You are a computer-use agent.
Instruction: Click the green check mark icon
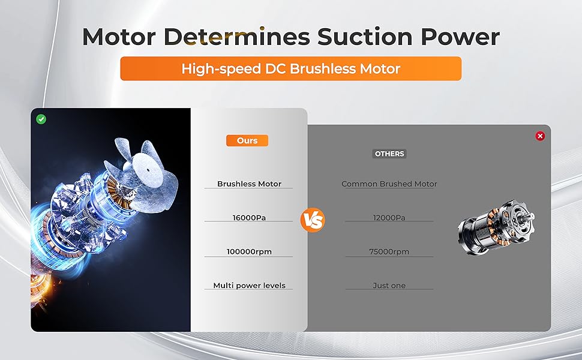click(x=41, y=119)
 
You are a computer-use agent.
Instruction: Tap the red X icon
click(x=540, y=136)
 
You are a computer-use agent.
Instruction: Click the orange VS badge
click(x=313, y=220)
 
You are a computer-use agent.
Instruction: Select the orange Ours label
click(x=247, y=140)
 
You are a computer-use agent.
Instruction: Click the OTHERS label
click(x=389, y=154)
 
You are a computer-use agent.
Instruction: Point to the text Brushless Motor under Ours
click(x=249, y=184)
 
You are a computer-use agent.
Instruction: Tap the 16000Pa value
click(x=249, y=217)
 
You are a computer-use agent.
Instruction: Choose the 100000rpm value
click(x=249, y=251)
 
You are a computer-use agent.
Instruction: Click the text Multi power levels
click(x=249, y=286)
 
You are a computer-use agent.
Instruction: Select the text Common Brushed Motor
click(x=389, y=184)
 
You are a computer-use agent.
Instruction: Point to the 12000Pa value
click(x=389, y=217)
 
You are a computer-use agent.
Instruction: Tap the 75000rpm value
click(x=389, y=251)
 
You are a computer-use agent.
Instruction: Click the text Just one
click(x=389, y=286)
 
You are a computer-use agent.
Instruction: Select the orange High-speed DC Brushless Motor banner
click(x=291, y=68)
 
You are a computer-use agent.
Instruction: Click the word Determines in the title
click(x=237, y=37)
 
